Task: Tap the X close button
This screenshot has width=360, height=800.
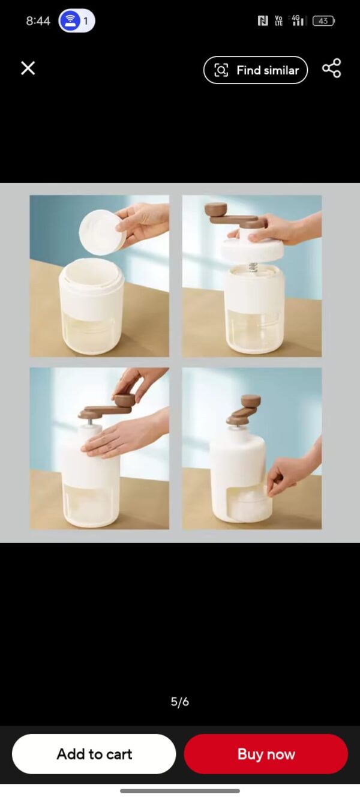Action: pos(28,68)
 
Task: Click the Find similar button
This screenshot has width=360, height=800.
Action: pos(256,70)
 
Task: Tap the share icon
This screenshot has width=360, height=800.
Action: pos(332,68)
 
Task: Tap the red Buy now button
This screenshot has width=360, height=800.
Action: pos(266,754)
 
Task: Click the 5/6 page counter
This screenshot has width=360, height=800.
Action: pos(180,702)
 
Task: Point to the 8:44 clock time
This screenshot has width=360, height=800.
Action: pos(38,21)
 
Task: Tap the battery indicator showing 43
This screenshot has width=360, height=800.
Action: pos(323,21)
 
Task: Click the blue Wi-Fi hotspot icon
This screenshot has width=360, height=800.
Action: pos(70,20)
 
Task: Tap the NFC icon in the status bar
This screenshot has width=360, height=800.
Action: pos(263,21)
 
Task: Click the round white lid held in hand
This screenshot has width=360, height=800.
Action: pos(102,232)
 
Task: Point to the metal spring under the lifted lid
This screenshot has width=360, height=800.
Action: pos(253,267)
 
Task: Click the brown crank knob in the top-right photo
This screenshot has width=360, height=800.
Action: pos(215,209)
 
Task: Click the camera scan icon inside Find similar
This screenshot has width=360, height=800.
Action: pos(221,70)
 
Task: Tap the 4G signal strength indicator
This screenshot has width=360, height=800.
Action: pos(298,20)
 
